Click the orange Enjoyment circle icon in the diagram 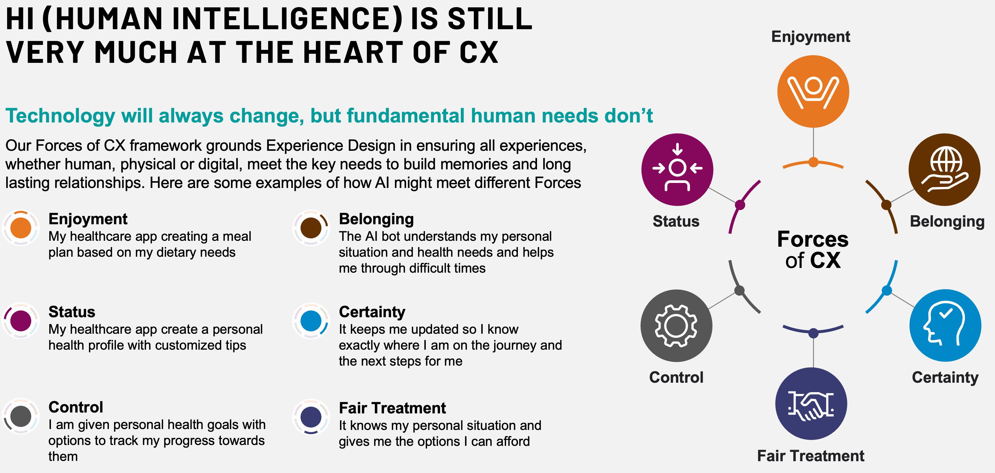coord(813,91)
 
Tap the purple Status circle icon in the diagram coord(677,169)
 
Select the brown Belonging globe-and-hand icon coord(944,169)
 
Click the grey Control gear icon coord(676,325)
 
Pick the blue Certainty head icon coord(945,325)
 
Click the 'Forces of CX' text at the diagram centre coord(813,249)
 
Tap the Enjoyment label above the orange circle coord(810,37)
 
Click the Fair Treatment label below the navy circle coord(810,456)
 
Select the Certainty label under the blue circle coord(945,378)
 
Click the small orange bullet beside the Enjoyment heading coord(21,228)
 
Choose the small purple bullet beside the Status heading coord(21,321)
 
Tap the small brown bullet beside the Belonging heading coord(311,228)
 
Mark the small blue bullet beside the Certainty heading coord(311,321)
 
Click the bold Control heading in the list coord(76,407)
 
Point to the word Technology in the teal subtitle coord(60,116)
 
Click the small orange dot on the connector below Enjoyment coord(813,162)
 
